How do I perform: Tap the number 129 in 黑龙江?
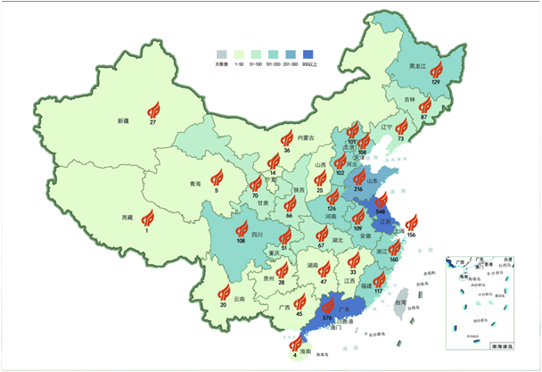(x=436, y=81)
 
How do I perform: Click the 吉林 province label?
(x=410, y=99)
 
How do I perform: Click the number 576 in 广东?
(x=326, y=318)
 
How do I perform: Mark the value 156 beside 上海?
(x=412, y=235)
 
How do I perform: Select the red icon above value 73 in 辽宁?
(x=402, y=127)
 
